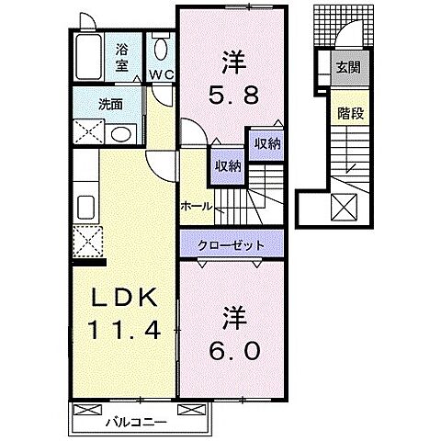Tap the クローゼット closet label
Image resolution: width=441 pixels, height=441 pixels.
232,245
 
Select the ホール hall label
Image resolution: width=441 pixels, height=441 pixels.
198,207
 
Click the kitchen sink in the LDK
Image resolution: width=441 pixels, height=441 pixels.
88,204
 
